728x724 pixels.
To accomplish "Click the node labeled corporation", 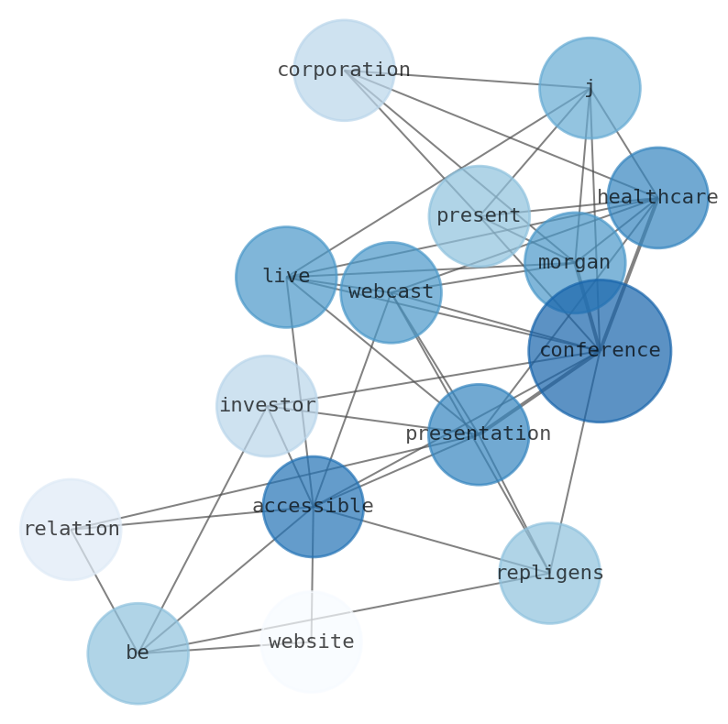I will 344,71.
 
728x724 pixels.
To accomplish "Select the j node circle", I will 590,88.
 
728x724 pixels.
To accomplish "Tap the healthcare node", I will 657,198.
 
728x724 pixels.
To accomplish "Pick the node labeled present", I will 479,216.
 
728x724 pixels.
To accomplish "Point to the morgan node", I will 574,263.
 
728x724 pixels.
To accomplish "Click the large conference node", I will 600,351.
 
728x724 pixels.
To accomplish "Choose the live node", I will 286,277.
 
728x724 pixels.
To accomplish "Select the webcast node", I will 391,292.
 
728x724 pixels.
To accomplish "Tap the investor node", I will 267,406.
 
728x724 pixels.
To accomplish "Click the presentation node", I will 479,434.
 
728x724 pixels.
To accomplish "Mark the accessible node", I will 313,507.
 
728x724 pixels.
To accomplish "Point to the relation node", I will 71,530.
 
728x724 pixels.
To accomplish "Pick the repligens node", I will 549,574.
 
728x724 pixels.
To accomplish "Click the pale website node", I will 312,642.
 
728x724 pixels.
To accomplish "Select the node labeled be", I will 138,653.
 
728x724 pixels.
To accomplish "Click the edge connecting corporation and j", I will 467,79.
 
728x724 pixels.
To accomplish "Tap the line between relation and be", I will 104,591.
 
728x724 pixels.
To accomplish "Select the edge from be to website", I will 225,648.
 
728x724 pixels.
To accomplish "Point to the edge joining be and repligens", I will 367,609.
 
